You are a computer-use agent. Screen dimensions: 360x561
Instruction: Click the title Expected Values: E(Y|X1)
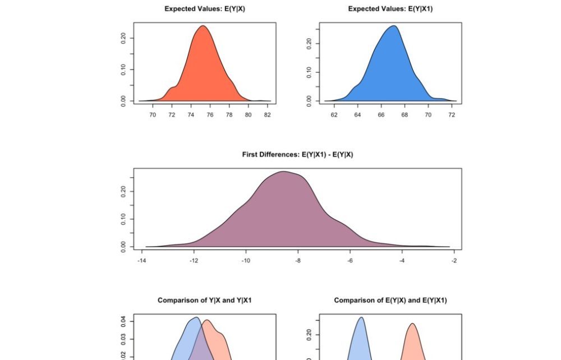point(390,9)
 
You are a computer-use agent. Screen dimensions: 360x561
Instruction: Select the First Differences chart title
point(297,155)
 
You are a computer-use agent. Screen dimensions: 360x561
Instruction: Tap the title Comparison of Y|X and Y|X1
point(204,301)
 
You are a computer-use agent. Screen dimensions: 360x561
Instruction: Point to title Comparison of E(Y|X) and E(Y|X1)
point(390,301)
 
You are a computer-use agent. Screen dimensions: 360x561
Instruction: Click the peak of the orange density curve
point(203,26)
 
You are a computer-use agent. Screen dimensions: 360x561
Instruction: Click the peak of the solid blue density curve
point(394,26)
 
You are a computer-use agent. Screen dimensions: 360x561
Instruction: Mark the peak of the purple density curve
point(284,172)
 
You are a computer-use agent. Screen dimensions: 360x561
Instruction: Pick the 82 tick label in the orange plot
point(268,115)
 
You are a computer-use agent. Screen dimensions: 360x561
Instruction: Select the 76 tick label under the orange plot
point(210,115)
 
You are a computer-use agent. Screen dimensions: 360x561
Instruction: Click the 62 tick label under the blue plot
point(334,115)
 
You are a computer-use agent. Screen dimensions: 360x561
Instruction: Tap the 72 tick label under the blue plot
point(452,115)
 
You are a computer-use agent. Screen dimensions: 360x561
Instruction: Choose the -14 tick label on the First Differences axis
point(142,261)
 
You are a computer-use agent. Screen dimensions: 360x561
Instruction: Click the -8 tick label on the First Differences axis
point(298,261)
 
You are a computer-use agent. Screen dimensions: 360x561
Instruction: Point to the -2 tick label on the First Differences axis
point(454,261)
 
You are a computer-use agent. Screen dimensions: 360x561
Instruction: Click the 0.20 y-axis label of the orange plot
point(123,38)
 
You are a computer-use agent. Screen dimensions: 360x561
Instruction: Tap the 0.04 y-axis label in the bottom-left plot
point(123,321)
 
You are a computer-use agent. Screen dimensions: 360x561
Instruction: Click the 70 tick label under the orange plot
point(152,115)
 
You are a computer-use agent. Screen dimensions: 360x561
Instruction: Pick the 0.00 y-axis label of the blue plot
point(309,101)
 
